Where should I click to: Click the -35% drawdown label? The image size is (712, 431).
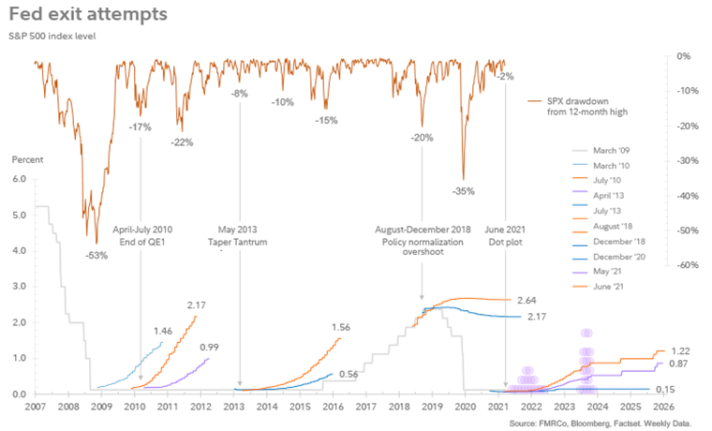coord(463,191)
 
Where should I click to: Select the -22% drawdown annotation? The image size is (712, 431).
coord(182,142)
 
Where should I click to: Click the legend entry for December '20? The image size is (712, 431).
coord(616,256)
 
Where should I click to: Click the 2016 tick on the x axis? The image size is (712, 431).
coord(334,408)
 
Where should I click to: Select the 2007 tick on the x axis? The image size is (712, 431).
coord(35,408)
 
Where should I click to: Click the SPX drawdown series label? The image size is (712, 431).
coord(588,106)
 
